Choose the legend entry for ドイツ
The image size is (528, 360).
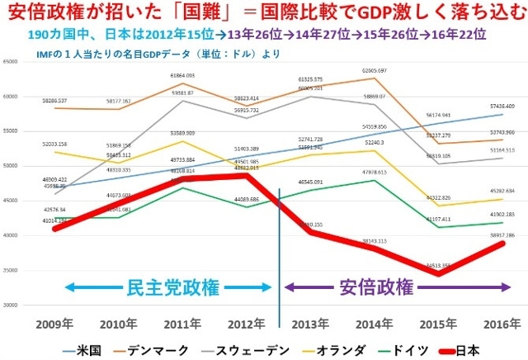(402, 349)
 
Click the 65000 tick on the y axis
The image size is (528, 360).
(12, 63)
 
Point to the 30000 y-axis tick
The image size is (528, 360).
(12, 306)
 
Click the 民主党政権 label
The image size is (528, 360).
(172, 288)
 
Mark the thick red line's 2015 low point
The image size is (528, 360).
(449, 273)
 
